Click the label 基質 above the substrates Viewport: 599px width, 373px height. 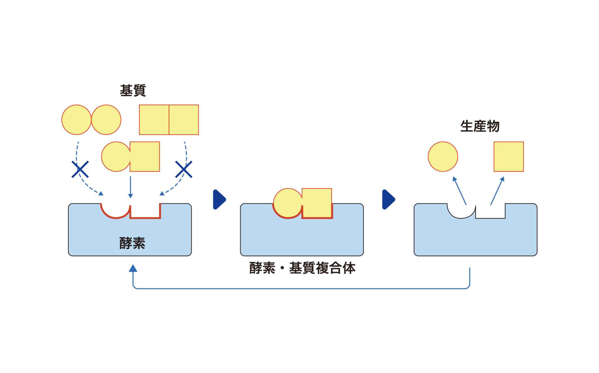point(133,91)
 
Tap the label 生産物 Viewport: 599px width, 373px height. point(480,126)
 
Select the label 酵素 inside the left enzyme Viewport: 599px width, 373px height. point(132,243)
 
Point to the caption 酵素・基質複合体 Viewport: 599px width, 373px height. point(302,268)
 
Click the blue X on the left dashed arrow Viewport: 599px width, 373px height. point(80,169)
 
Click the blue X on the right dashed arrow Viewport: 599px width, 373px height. point(184,169)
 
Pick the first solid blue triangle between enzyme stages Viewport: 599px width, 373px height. point(219,200)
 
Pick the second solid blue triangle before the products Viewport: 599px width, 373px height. point(389,200)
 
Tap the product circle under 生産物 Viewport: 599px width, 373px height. point(443,157)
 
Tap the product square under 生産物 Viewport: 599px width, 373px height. point(509,157)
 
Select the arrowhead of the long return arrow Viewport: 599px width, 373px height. point(133,268)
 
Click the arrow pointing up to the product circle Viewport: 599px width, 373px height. point(459,191)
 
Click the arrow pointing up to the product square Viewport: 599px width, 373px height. point(498,191)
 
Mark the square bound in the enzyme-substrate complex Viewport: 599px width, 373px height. point(317,203)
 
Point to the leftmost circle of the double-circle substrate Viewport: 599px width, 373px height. point(76,120)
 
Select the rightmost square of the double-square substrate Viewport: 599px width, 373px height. point(184,120)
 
